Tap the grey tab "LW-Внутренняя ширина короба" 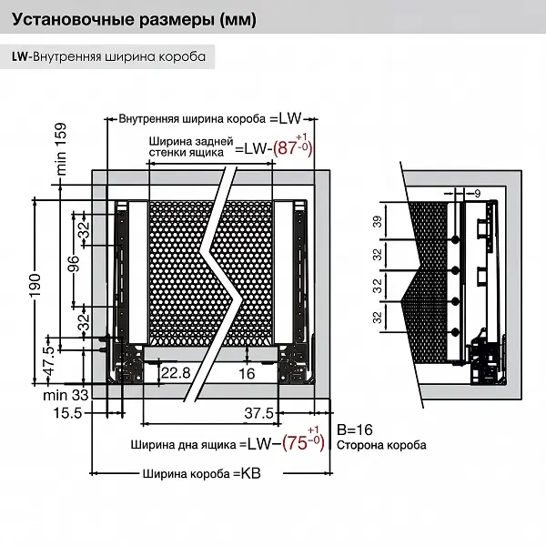[109, 57]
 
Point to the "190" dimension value [35, 288]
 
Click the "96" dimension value [74, 264]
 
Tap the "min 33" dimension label [66, 395]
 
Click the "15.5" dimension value [68, 413]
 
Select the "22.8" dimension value [176, 374]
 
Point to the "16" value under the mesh [247, 374]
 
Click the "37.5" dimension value [260, 413]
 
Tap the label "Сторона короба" [380, 446]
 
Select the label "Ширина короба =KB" [201, 473]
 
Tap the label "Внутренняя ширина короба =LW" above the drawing [209, 118]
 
